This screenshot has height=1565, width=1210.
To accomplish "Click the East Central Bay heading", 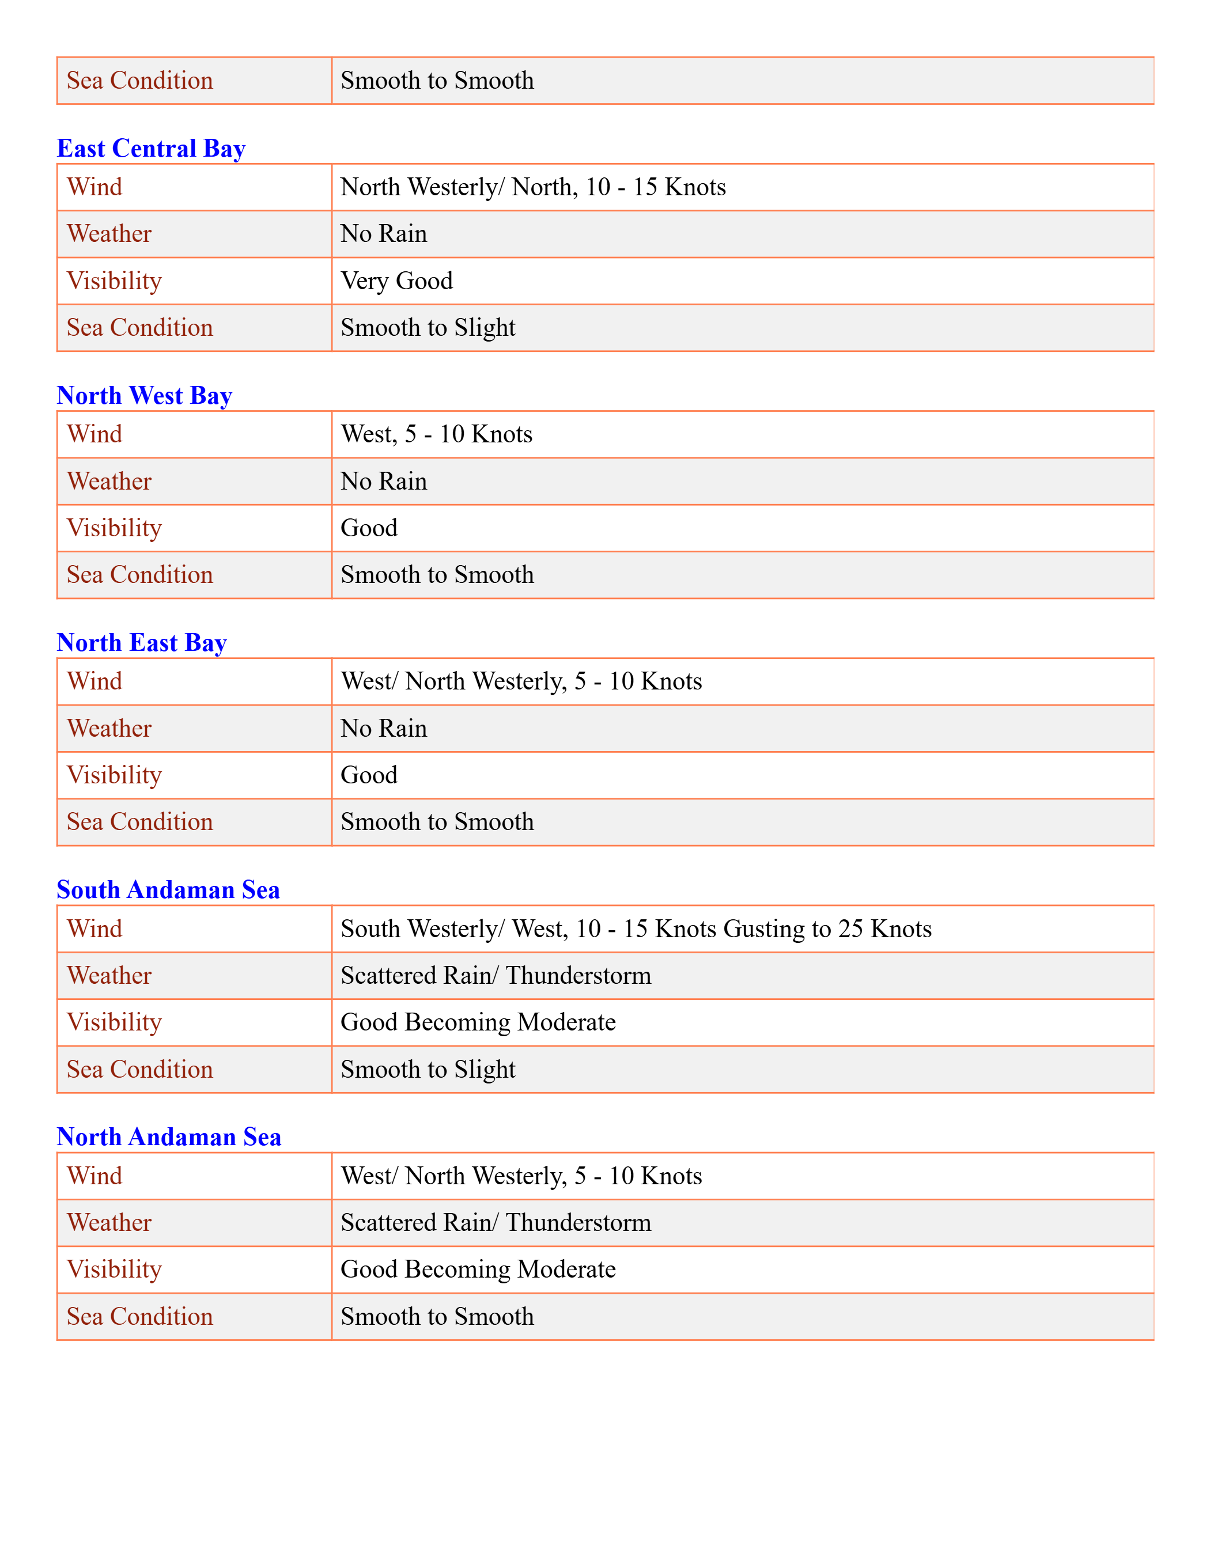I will coord(150,149).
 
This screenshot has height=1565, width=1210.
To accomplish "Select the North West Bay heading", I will coord(144,396).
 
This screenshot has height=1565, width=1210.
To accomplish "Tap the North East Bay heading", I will coord(141,643).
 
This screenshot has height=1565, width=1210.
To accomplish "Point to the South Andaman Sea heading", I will coord(168,890).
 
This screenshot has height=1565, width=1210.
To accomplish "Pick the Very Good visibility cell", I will coord(396,281).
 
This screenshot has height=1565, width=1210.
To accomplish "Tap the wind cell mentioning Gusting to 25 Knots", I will coord(636,929).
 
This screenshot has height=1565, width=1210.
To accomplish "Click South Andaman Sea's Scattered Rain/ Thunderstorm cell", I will coord(496,975).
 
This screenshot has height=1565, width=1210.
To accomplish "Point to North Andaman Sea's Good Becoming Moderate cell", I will coord(478,1269).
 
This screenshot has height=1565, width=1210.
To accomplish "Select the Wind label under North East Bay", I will coord(94,681).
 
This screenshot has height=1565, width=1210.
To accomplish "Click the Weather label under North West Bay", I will coord(109,481).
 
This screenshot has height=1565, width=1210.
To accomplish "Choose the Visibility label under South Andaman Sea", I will coord(114,1022).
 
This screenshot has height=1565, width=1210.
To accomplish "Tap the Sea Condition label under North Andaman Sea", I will coord(140,1316).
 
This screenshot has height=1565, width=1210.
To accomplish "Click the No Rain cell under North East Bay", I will coord(384,728).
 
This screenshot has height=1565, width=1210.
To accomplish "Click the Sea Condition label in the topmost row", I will coord(140,80).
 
